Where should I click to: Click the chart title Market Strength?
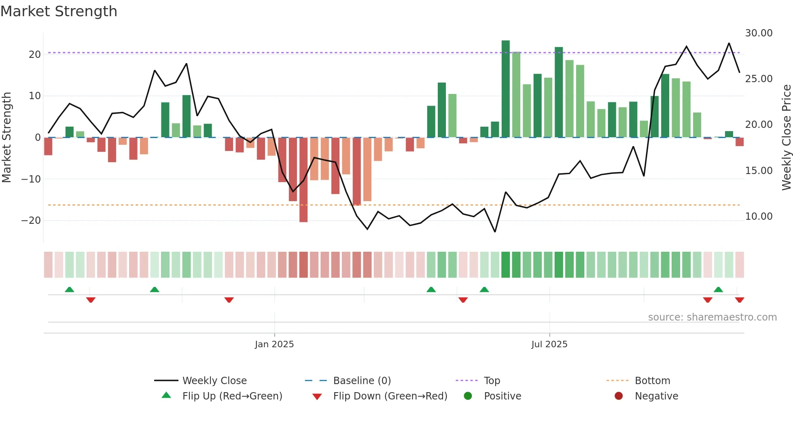pyautogui.click(x=59, y=11)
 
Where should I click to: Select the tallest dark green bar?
pyautogui.click(x=505, y=89)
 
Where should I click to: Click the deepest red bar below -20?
pyautogui.click(x=303, y=180)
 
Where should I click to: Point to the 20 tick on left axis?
pyautogui.click(x=35, y=55)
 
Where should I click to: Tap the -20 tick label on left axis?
pyautogui.click(x=31, y=221)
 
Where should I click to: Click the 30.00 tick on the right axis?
pyautogui.click(x=759, y=33)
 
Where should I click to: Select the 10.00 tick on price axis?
pyautogui.click(x=759, y=217)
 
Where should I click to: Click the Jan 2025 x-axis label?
pyautogui.click(x=274, y=344)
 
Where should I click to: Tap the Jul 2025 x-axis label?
pyautogui.click(x=549, y=344)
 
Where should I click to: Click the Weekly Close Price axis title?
pyautogui.click(x=786, y=138)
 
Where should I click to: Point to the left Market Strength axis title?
pyautogui.click(x=6, y=138)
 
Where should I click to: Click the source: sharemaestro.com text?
pyautogui.click(x=712, y=317)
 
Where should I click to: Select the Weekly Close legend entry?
pyautogui.click(x=214, y=381)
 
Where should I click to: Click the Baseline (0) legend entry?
pyautogui.click(x=362, y=381)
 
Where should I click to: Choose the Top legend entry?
pyautogui.click(x=492, y=381)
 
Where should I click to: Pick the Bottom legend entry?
pyautogui.click(x=652, y=381)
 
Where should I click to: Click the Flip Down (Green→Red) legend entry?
pyautogui.click(x=390, y=396)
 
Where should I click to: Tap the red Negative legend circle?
pyautogui.click(x=618, y=396)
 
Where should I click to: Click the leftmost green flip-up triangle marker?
pyautogui.click(x=70, y=289)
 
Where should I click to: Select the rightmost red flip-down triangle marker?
pyautogui.click(x=740, y=300)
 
